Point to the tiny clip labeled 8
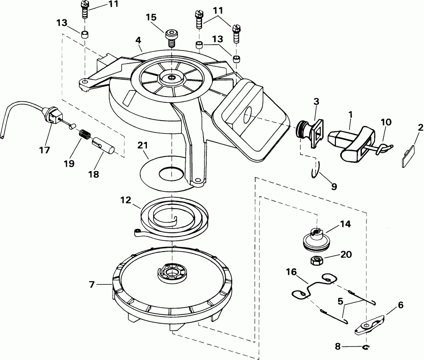(x=366, y=348)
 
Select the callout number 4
(x=139, y=41)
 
